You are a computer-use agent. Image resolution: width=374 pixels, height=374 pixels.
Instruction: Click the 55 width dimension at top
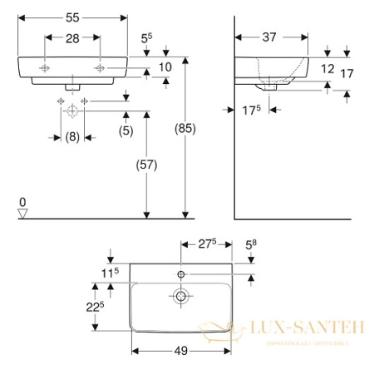point(72,17)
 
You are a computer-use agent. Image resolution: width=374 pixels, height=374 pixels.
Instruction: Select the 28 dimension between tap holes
point(72,38)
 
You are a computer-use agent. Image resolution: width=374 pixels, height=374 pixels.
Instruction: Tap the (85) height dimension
point(169,129)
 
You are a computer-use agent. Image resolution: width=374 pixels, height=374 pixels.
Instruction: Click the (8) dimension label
point(72,137)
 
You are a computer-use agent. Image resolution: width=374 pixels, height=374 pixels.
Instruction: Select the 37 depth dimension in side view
point(269,37)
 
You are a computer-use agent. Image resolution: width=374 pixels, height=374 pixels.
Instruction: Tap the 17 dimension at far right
point(347,74)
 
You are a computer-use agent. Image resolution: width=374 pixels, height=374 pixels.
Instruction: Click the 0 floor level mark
point(23,202)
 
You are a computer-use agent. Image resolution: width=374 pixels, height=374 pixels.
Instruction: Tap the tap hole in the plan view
point(180,273)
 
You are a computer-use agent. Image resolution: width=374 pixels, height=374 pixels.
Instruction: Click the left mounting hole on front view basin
point(45,66)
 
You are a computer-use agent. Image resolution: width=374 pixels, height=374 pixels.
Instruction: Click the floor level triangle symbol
point(23,214)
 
